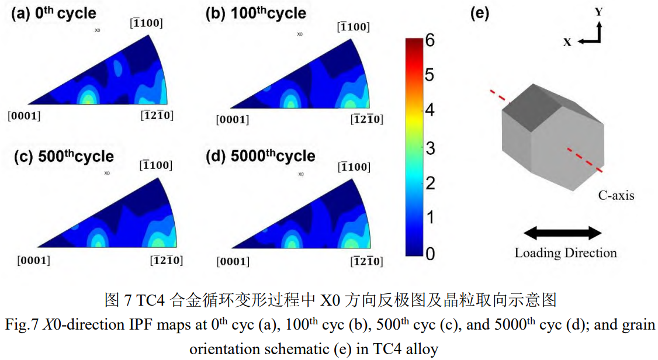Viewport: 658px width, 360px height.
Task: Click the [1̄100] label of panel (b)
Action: point(353,27)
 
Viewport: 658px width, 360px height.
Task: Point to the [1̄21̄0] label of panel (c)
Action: point(167,260)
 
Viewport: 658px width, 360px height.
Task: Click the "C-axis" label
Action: point(616,196)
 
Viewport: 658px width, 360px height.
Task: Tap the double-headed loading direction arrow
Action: point(563,233)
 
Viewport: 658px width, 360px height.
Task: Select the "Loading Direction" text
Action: point(565,253)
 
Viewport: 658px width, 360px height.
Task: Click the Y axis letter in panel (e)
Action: point(598,12)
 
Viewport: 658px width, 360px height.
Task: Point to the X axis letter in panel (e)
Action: point(567,41)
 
